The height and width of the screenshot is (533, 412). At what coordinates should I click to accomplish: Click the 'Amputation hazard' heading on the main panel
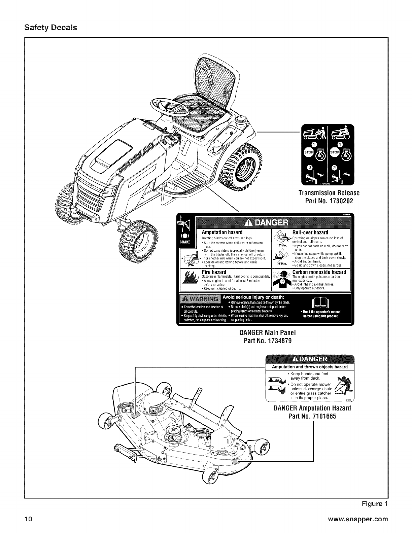pyautogui.click(x=222, y=233)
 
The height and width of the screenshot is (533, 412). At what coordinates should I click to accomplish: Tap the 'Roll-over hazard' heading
pyautogui.click(x=310, y=233)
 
